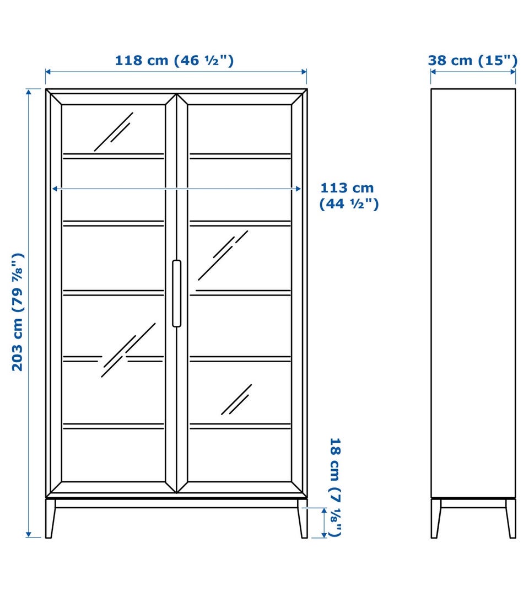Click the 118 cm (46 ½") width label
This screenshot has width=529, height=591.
[174, 60]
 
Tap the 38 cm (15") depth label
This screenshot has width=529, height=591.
[472, 60]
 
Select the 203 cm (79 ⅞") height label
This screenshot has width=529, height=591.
[18, 312]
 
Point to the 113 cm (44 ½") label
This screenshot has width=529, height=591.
[349, 196]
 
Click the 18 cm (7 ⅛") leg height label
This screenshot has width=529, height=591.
[336, 487]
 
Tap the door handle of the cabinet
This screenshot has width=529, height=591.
[176, 293]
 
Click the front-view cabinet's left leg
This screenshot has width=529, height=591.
[50, 518]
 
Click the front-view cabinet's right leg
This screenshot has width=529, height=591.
[302, 518]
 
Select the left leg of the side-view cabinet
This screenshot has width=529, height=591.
[436, 518]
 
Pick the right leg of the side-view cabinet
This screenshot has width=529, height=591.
[510, 518]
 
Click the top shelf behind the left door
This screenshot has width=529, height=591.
[114, 156]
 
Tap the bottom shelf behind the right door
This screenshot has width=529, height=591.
[240, 426]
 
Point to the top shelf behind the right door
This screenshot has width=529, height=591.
[240, 156]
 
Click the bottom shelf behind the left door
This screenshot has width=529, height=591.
[114, 426]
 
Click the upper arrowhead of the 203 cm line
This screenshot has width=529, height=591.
[29, 91]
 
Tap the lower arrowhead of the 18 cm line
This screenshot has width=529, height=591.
[323, 535]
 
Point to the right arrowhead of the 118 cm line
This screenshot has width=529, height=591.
[304, 72]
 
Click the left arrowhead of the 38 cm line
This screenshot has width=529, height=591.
[433, 72]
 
